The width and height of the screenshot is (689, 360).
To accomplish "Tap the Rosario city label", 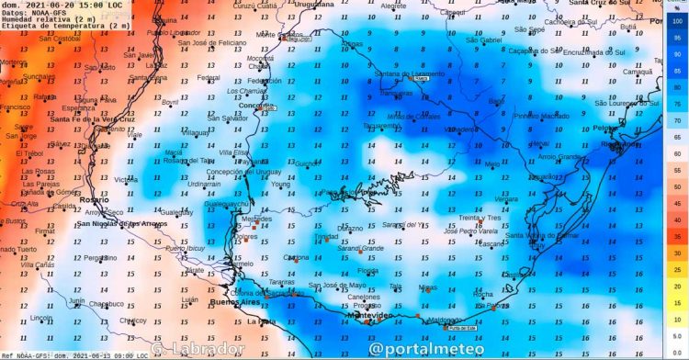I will pos(92,198).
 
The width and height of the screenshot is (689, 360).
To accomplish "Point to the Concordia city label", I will pos(256,106).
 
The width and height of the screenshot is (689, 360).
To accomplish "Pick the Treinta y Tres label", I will pos(479,218).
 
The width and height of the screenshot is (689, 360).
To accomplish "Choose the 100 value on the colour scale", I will pos(677,20).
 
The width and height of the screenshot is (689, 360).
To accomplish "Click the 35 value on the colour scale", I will pos(677,236).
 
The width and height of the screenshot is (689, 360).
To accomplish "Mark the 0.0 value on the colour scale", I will pos(677,352).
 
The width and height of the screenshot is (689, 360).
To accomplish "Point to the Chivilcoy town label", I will pos(138,321).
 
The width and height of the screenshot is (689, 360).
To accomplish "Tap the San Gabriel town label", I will pos(484,40).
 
